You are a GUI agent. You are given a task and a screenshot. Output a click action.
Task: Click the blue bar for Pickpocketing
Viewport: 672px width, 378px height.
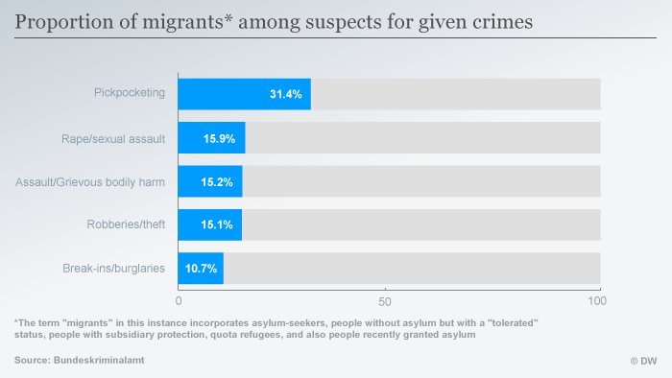point(244,94)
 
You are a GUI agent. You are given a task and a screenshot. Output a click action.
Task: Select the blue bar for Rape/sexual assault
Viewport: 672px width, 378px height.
point(211,138)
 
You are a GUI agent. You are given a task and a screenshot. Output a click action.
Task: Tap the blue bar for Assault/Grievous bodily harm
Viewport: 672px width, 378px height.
point(210,181)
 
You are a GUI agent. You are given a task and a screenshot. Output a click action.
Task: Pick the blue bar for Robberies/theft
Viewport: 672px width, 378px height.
point(209,224)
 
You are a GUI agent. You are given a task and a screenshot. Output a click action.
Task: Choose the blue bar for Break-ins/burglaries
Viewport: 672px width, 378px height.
point(201,268)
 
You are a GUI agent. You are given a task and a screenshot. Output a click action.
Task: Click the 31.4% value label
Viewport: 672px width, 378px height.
point(285,94)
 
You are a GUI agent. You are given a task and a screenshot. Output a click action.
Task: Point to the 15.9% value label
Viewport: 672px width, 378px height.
point(219,138)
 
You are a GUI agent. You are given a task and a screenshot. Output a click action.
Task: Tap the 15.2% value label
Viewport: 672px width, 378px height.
point(218,181)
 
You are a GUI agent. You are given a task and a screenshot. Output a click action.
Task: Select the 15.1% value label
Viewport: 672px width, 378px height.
point(217,224)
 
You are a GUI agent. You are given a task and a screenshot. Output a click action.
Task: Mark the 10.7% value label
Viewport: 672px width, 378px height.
point(201,268)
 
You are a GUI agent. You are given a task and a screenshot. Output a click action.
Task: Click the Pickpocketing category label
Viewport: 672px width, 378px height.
point(130,93)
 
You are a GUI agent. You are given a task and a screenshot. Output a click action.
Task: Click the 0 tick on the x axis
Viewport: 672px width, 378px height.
point(179,301)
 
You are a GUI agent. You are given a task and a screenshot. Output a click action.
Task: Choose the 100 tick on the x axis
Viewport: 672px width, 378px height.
point(597,301)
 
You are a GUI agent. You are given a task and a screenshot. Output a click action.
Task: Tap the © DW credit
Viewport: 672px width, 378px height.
point(642,361)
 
